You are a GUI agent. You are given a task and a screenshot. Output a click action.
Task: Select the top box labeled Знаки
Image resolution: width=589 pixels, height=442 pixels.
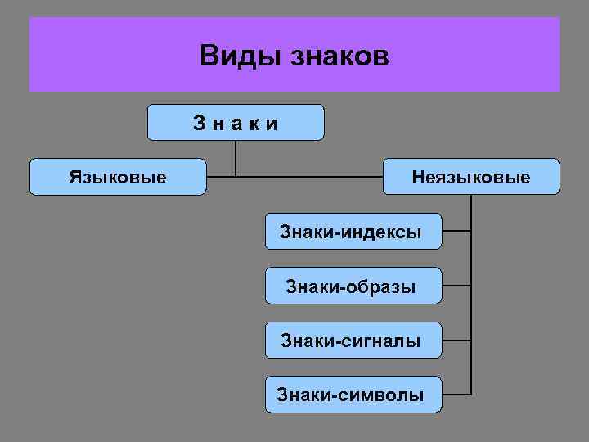pyautogui.click(x=236, y=123)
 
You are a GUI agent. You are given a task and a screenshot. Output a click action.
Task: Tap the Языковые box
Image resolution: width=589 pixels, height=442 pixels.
pyautogui.click(x=118, y=177)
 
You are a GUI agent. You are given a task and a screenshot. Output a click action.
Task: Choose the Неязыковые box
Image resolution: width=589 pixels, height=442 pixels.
pyautogui.click(x=471, y=177)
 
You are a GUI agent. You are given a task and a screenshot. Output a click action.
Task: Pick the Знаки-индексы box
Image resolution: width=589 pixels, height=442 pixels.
pyautogui.click(x=353, y=232)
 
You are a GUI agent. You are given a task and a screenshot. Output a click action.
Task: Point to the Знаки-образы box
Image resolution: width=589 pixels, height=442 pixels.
pyautogui.click(x=353, y=286)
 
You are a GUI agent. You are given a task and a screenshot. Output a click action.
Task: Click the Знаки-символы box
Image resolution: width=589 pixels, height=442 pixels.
pyautogui.click(x=353, y=395)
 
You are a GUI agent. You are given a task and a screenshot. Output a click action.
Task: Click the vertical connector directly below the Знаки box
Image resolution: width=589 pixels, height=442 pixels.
pyautogui.click(x=236, y=157)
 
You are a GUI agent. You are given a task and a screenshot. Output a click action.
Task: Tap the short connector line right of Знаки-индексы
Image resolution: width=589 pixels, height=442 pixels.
pyautogui.click(x=456, y=232)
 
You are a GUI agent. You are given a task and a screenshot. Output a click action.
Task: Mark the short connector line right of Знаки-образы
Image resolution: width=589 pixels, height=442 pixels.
pyautogui.click(x=456, y=286)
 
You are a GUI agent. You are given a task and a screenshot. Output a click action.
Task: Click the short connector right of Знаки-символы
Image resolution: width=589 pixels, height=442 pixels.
pyautogui.click(x=456, y=395)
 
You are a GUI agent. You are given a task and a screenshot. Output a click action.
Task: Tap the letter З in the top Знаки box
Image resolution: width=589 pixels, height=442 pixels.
pyautogui.click(x=199, y=124)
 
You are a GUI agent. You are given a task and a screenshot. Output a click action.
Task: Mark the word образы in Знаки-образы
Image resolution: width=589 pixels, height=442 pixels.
pyautogui.click(x=381, y=287)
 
